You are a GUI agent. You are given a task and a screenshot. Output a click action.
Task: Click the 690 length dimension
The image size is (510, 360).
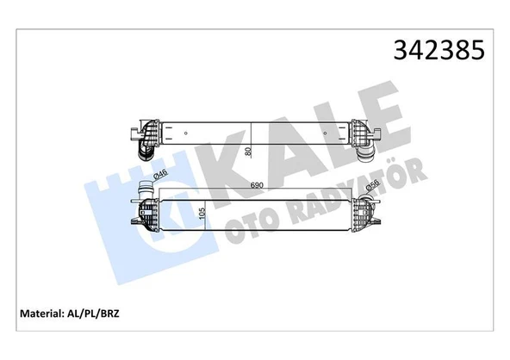(256, 185)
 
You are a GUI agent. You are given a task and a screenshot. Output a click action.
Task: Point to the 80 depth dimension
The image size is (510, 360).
(248, 152)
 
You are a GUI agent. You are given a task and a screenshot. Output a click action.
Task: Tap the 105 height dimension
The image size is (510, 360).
(202, 214)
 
